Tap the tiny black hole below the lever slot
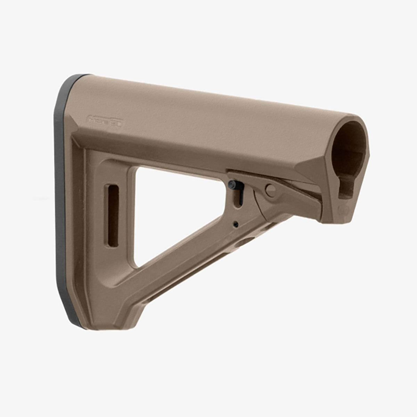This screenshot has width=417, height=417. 236,224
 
